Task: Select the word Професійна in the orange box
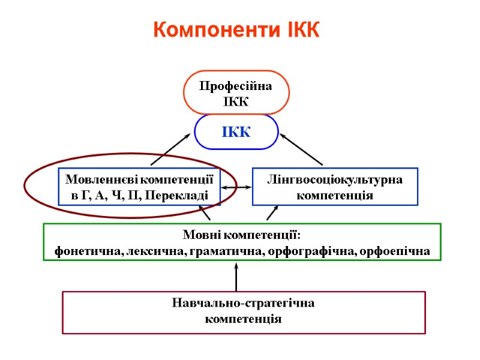point(236,86)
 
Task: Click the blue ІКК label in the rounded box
point(236,132)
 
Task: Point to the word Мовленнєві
point(101,179)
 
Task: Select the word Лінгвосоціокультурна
point(335,179)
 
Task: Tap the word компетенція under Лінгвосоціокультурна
point(335,195)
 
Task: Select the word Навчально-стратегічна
point(243,304)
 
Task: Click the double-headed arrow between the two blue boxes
point(236,188)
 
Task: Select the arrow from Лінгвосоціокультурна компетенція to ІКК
point(302,149)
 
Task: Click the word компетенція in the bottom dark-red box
point(243,319)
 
